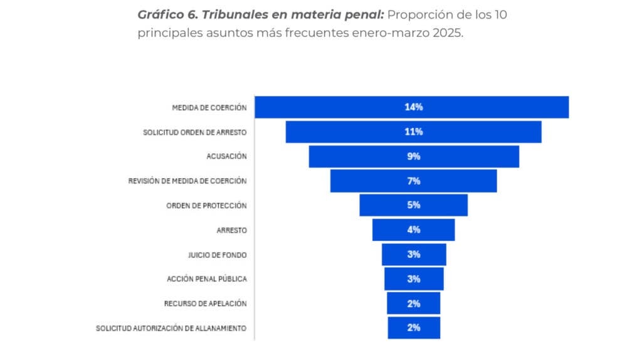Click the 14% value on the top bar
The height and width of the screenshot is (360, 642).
(x=413, y=107)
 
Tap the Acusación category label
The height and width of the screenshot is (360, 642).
(x=226, y=156)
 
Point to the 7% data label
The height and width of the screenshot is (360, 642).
(x=413, y=181)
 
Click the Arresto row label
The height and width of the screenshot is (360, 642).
(x=231, y=230)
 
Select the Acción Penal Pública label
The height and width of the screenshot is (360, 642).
(x=206, y=279)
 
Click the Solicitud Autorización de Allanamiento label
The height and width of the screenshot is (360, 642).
(x=171, y=328)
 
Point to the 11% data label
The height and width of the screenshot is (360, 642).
(x=413, y=132)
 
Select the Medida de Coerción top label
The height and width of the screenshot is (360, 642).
(x=209, y=107)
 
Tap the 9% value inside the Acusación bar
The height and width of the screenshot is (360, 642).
(x=413, y=157)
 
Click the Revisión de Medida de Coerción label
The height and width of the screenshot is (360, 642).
(x=187, y=181)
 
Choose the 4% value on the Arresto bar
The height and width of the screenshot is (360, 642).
(x=413, y=230)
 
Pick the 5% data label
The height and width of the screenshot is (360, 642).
(x=413, y=205)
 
